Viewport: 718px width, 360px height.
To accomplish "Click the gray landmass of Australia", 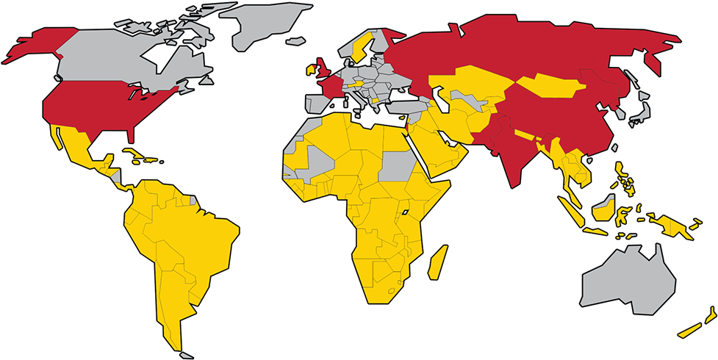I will click(x=628, y=283).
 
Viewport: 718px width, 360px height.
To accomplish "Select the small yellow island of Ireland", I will click(x=311, y=72).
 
